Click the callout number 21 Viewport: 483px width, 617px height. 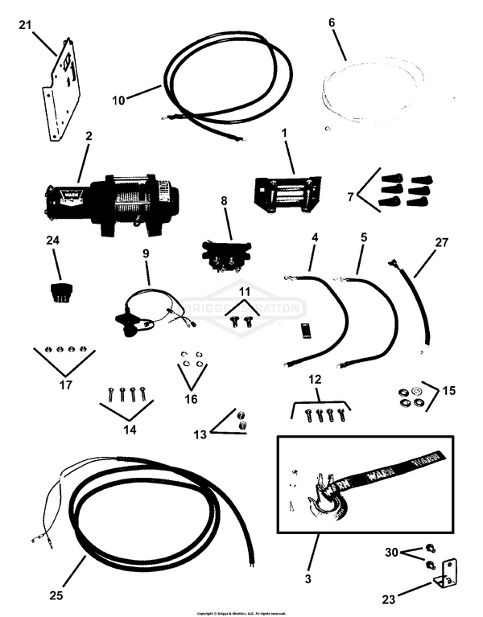(24, 27)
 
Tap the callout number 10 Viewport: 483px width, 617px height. (118, 101)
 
